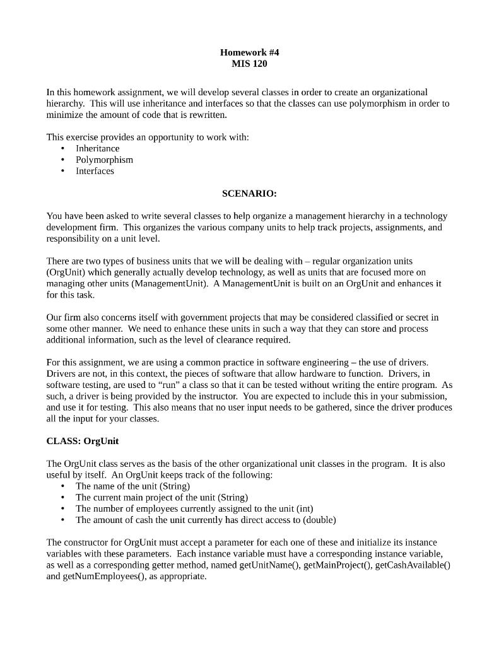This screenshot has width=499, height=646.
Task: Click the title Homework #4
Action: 249,52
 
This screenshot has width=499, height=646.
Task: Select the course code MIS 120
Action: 249,64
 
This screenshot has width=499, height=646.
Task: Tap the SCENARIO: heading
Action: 249,194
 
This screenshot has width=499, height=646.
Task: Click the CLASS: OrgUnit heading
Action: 83,441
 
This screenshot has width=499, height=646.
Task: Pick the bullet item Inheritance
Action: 97,148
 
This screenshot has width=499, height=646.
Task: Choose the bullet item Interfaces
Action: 95,171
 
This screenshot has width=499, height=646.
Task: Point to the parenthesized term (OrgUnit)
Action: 66,272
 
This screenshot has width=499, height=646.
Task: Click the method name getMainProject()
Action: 338,565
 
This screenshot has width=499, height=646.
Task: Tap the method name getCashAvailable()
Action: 413,565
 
